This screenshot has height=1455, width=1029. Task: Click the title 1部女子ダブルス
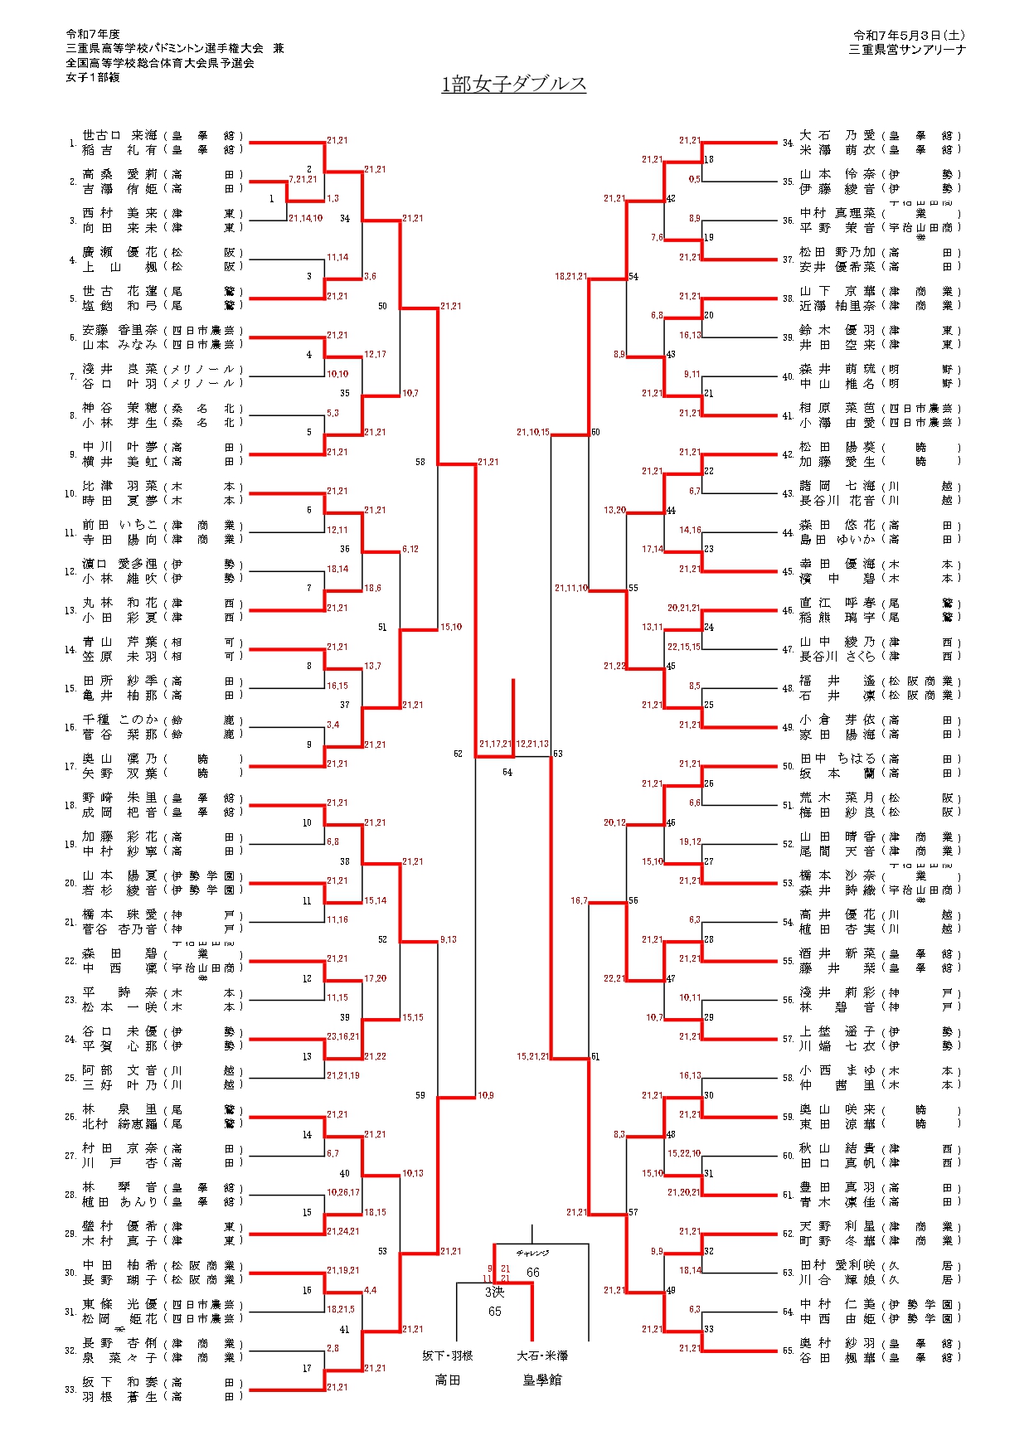tap(514, 85)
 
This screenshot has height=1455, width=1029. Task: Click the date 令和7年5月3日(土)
tap(909, 36)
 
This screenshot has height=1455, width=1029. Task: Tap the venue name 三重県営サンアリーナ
tap(907, 50)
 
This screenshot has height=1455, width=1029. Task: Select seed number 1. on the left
tap(73, 143)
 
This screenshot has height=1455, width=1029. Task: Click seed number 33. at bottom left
tap(70, 1390)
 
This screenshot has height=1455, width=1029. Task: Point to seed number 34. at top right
tap(788, 143)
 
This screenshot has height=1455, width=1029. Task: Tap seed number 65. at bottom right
tap(788, 1351)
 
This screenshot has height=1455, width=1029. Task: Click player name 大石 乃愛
tap(837, 135)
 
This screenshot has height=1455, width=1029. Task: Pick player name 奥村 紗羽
tap(837, 1343)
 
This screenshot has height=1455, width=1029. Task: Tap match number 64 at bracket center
tap(507, 773)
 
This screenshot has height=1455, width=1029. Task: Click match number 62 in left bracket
tap(459, 754)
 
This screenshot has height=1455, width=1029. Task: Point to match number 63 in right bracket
tap(558, 754)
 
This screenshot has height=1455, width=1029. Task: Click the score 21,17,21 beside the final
tap(495, 744)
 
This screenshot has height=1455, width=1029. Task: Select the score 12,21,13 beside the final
tap(532, 744)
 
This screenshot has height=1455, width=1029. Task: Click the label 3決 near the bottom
tap(494, 1292)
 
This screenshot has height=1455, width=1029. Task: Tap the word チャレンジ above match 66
tap(532, 1254)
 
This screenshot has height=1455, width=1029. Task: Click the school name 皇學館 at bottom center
tap(541, 1380)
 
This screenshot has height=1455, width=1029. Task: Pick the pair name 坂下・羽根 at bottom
tap(448, 1356)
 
